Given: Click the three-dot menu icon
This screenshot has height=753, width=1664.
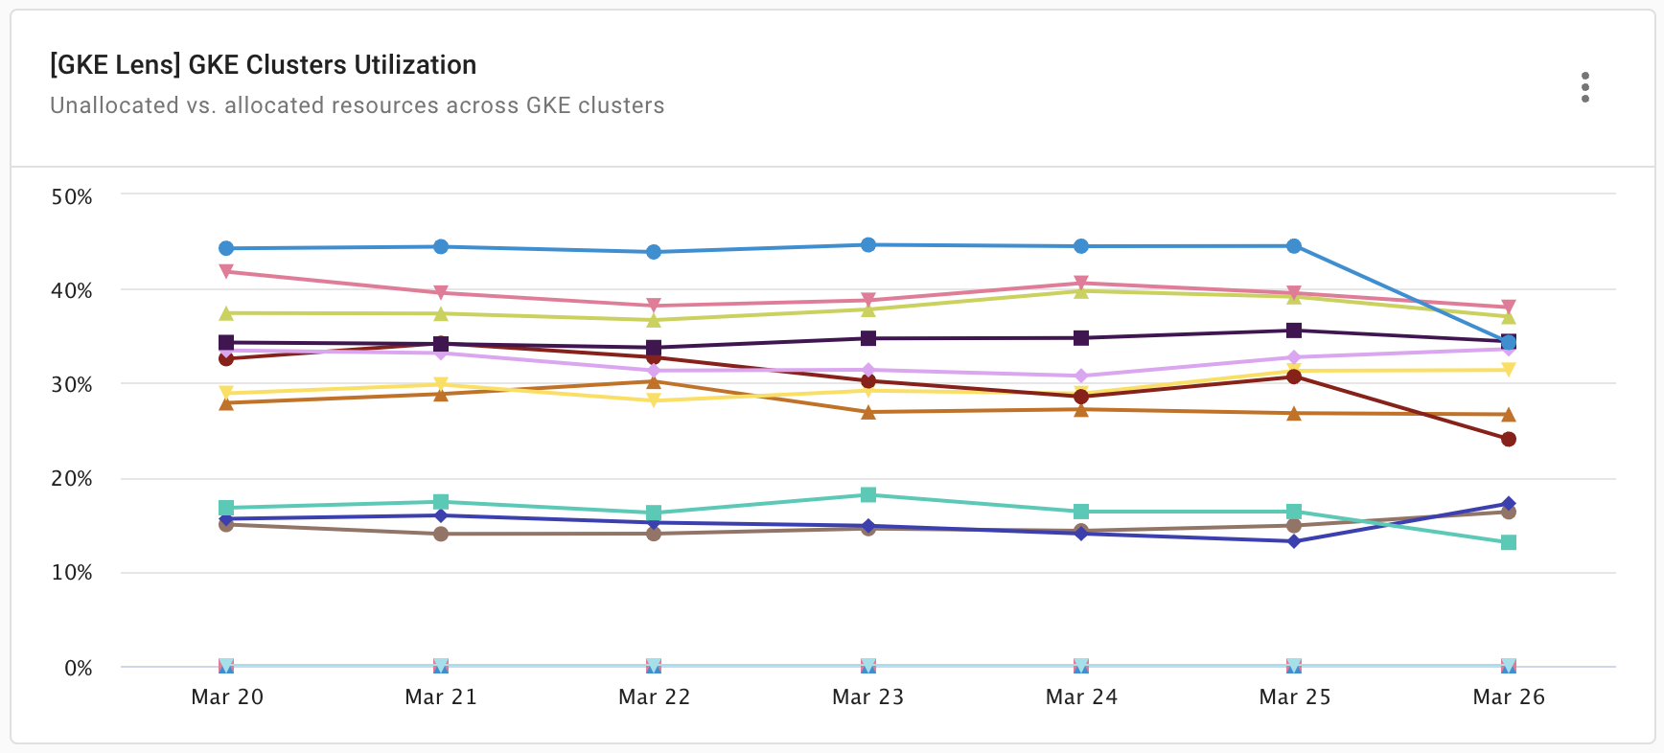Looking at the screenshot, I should point(1584,87).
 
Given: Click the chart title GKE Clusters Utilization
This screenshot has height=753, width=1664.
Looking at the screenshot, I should point(263,64).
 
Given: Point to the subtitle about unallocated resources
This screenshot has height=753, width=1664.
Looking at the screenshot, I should point(357,105).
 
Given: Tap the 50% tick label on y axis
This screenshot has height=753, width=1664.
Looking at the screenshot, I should point(72,197).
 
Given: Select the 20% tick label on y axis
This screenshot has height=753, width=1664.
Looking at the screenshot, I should point(72,479).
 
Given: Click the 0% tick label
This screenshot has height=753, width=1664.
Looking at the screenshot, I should point(78,668).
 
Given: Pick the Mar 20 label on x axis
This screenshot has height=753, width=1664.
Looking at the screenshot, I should point(227,696).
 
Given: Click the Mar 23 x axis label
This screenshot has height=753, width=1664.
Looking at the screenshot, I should point(867,696).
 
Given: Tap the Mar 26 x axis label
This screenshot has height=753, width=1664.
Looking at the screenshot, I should point(1508,696).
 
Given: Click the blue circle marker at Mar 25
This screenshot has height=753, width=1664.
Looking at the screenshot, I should point(1294,246).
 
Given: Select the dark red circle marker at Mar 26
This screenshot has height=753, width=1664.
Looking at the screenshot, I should point(1508,439).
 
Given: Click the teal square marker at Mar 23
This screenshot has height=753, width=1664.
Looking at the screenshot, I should point(867,494).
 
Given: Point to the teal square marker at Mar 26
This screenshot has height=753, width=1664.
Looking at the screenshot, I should point(1508,542).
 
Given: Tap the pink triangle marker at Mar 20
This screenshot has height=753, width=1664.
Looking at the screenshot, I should point(226,271).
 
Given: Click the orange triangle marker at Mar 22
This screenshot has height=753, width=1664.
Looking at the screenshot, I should point(654,382).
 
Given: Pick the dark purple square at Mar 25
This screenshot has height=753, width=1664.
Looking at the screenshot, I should point(1294,331).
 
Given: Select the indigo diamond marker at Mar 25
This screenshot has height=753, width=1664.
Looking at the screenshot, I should point(1294,541).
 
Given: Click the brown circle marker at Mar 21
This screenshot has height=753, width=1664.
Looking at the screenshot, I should point(441,534).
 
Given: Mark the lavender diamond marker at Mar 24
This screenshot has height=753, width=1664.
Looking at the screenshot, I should point(1081,376).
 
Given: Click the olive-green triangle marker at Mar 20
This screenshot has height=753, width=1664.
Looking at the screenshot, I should point(226,313).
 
